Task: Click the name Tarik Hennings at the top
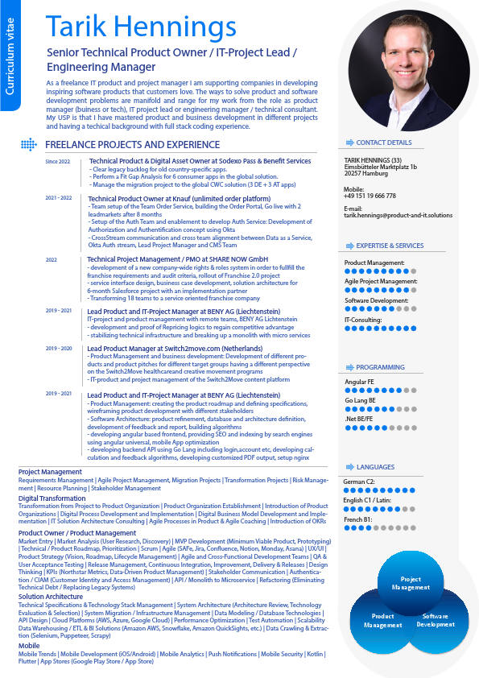pyautogui.click(x=142, y=26)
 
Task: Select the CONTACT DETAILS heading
pyautogui.click(x=384, y=143)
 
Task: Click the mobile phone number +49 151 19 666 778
pyautogui.click(x=370, y=196)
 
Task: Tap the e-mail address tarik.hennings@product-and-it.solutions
pyautogui.click(x=398, y=216)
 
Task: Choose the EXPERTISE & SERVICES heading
pyautogui.click(x=390, y=246)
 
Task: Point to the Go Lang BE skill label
pyautogui.click(x=360, y=400)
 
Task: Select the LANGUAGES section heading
pyautogui.click(x=375, y=467)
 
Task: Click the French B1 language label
pyautogui.click(x=359, y=520)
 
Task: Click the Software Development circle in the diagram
pyautogui.click(x=436, y=619)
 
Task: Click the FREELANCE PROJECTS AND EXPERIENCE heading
pyautogui.click(x=133, y=145)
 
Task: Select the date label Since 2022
pyautogui.click(x=58, y=162)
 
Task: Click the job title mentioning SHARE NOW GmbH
pyautogui.click(x=177, y=259)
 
